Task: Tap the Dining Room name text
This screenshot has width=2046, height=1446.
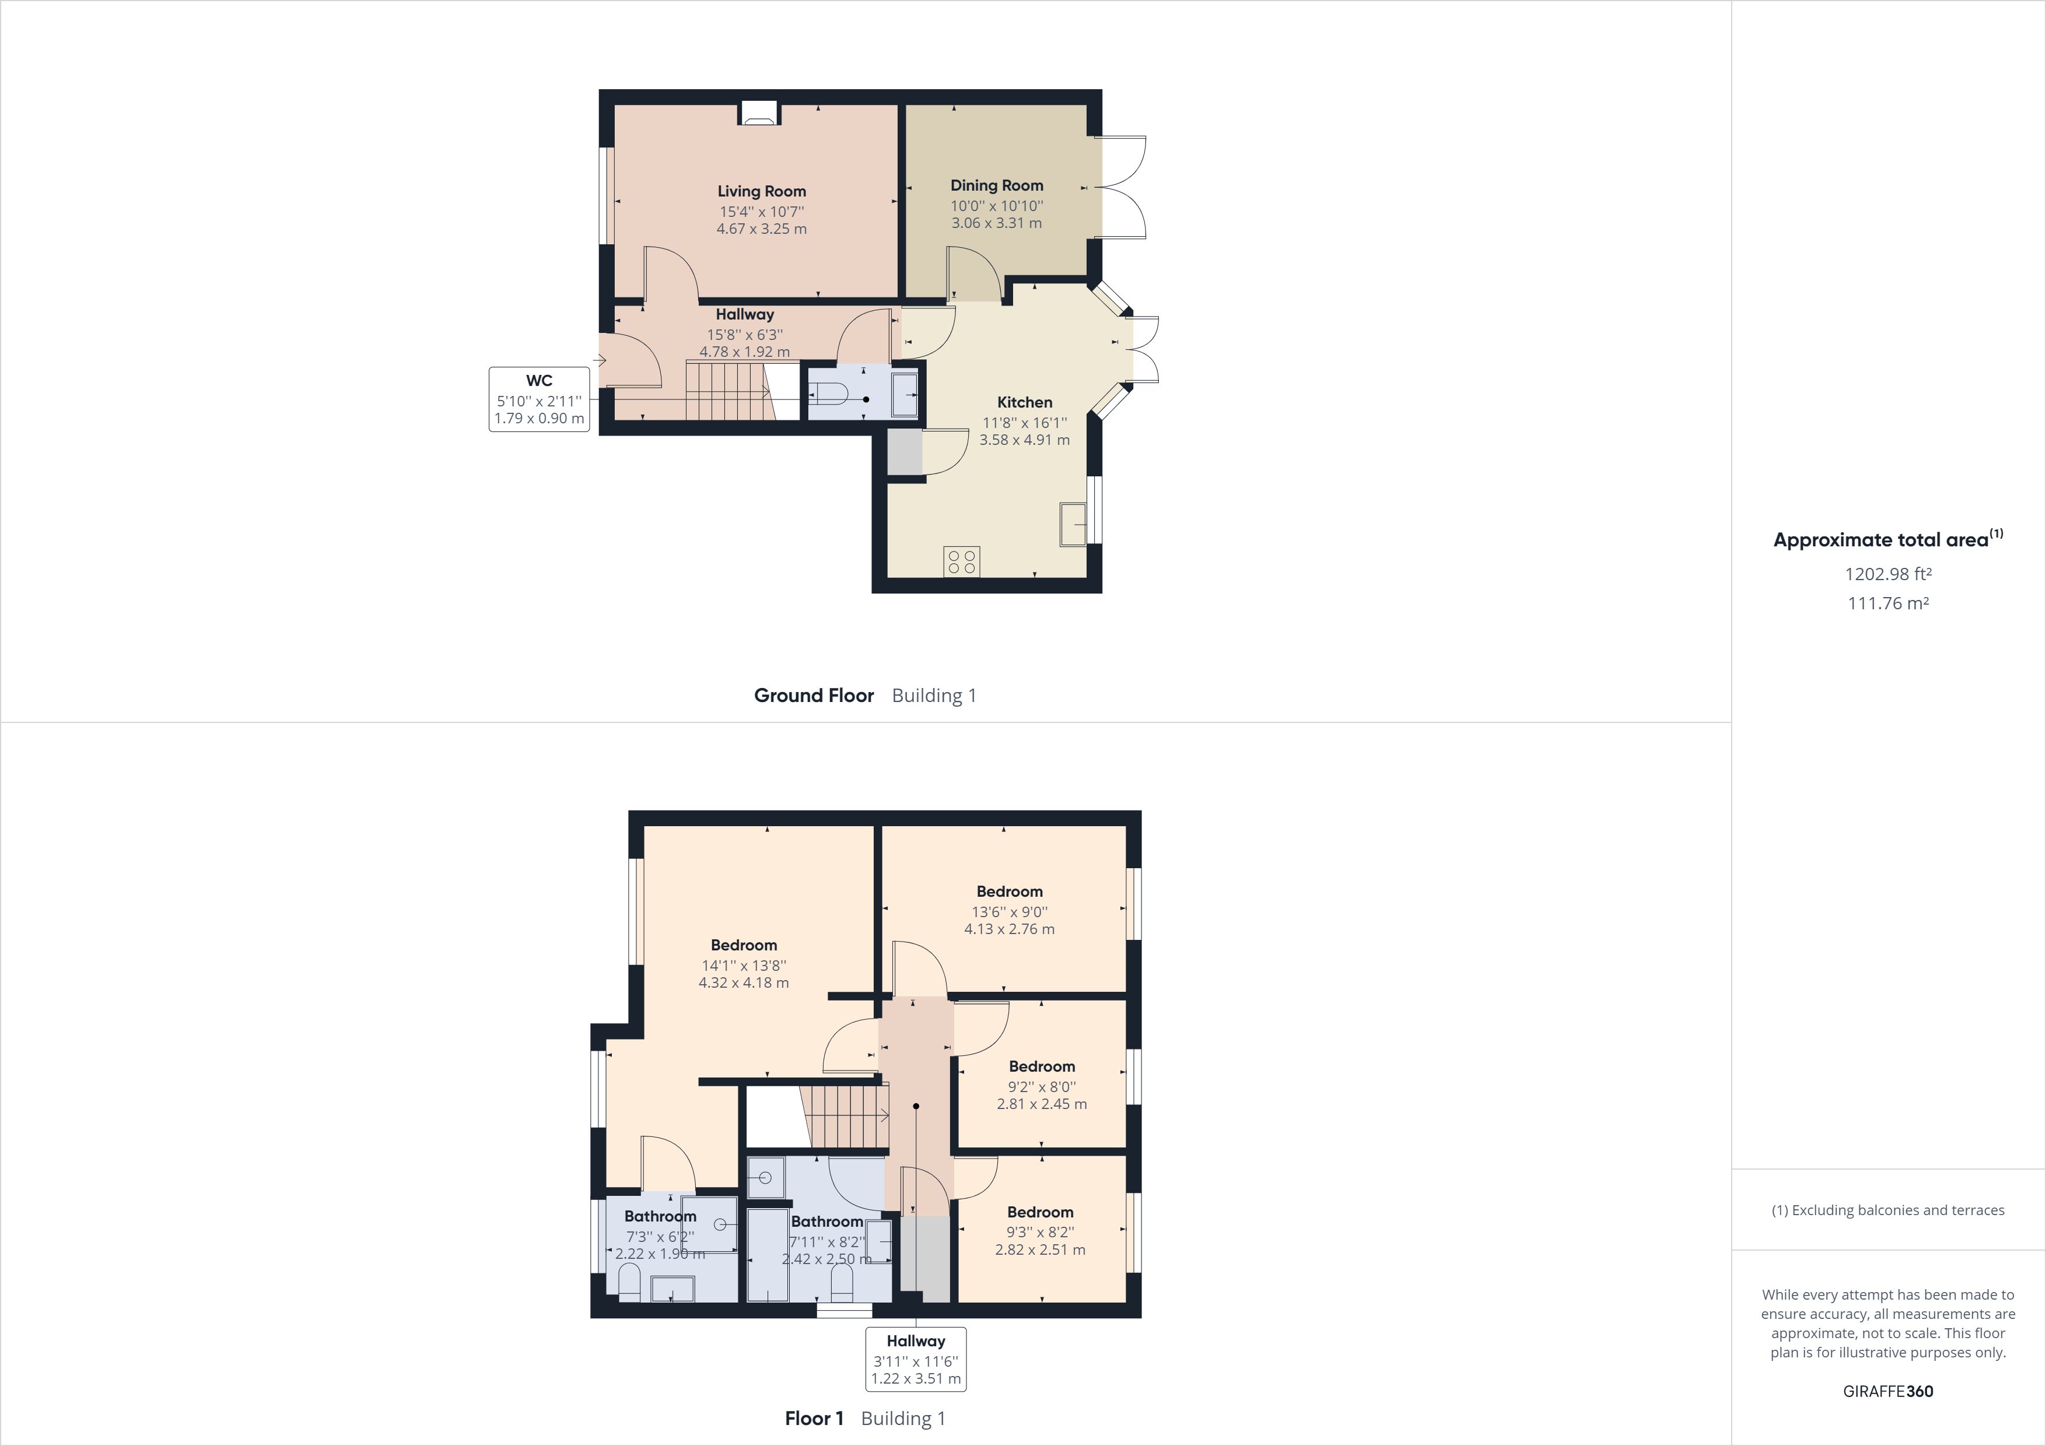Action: tap(996, 185)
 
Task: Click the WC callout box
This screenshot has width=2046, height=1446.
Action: tap(539, 399)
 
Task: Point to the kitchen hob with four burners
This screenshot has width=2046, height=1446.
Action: tap(962, 561)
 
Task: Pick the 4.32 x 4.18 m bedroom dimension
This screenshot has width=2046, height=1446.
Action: tap(743, 982)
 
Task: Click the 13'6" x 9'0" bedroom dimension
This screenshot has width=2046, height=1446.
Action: tap(1009, 911)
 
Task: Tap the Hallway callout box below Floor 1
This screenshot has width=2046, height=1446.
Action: tap(915, 1359)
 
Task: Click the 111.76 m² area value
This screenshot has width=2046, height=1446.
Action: tap(1887, 603)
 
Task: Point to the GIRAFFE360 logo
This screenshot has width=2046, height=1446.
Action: tap(1887, 1391)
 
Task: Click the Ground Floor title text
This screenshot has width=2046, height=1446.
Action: tap(814, 696)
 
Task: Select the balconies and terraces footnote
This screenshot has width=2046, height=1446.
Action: tap(1887, 1210)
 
